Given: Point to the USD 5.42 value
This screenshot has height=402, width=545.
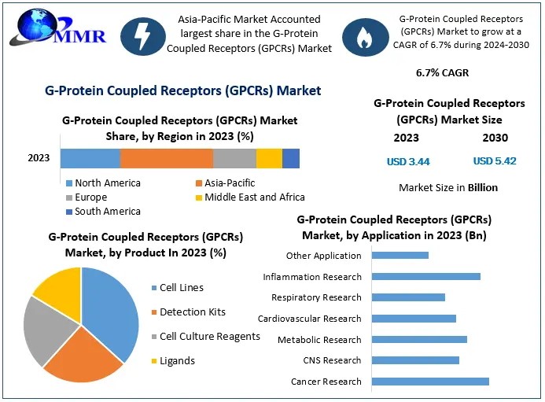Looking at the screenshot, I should click(495, 161).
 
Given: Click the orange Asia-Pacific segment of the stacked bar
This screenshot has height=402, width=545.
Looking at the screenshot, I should click(166, 158).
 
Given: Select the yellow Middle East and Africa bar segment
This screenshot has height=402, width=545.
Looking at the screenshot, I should click(269, 158).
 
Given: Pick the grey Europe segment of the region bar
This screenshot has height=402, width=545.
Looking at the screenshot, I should click(234, 158).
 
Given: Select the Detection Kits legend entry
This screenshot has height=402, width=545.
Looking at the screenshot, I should click(192, 312).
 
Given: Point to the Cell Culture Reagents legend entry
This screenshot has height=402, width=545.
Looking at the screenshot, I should click(209, 337).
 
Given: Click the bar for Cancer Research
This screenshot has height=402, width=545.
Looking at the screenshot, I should click(429, 382).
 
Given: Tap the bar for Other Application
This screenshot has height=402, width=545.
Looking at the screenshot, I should click(400, 255).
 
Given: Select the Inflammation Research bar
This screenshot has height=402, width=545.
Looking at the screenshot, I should click(425, 276).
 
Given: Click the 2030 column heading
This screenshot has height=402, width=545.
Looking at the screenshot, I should click(495, 138).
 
